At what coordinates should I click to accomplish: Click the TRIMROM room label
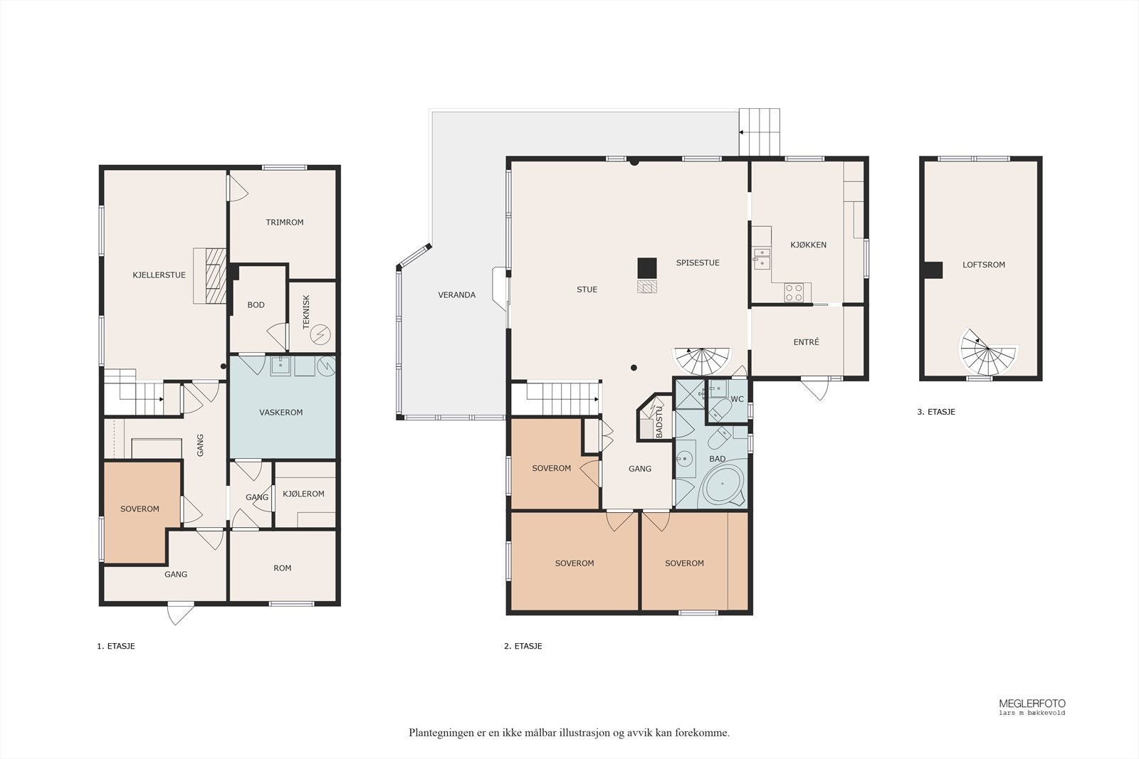tap(284, 222)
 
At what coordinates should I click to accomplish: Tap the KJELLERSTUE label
tap(159, 275)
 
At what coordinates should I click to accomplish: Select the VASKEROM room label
tap(280, 412)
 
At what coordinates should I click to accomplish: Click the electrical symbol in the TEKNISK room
tap(320, 334)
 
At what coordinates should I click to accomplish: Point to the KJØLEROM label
tap(303, 493)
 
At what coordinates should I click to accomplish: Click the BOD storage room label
tap(256, 305)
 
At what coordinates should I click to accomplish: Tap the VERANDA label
tap(456, 294)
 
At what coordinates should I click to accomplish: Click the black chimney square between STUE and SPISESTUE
tap(647, 268)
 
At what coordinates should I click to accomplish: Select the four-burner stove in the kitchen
tap(794, 292)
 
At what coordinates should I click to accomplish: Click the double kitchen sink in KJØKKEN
tap(761, 259)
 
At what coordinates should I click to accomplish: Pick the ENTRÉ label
tap(806, 342)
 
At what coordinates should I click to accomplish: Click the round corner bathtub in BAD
tap(722, 484)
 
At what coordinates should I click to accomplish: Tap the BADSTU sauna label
tap(659, 422)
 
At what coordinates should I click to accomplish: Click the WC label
tap(737, 399)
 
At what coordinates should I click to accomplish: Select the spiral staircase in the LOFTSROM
tap(987, 352)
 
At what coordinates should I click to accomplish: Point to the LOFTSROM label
tap(983, 265)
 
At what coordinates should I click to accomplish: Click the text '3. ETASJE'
tap(936, 412)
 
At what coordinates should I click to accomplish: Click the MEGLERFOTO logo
tap(1032, 706)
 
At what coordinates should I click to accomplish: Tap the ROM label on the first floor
tap(282, 568)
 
